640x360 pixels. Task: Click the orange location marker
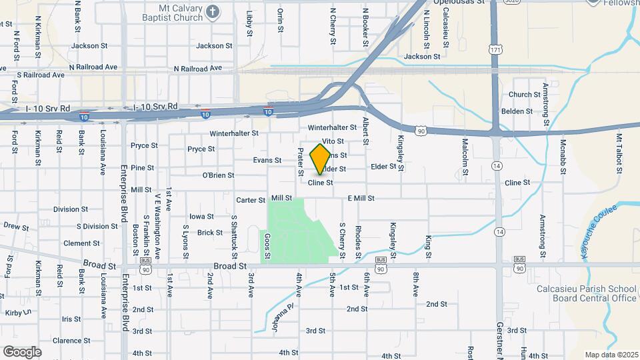click(321, 158)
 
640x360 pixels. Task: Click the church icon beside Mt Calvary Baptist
click(213, 11)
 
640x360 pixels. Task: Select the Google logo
click(22, 351)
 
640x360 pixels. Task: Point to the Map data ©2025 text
click(610, 355)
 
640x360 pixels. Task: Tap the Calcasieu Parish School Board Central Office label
click(587, 293)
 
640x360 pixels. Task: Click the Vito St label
click(332, 141)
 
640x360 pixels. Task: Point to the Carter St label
click(251, 200)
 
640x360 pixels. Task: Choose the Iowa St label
click(201, 216)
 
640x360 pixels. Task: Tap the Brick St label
click(209, 233)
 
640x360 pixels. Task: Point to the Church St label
click(524, 95)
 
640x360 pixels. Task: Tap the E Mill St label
click(361, 199)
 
